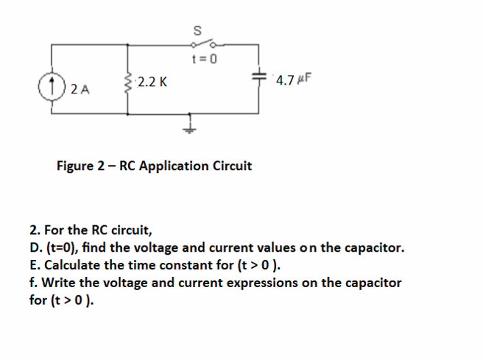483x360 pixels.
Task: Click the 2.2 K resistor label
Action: [152, 82]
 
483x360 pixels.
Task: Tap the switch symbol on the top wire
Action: [197, 45]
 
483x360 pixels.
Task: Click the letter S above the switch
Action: [197, 30]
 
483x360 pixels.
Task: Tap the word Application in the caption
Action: [174, 166]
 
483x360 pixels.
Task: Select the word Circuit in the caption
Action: [232, 166]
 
